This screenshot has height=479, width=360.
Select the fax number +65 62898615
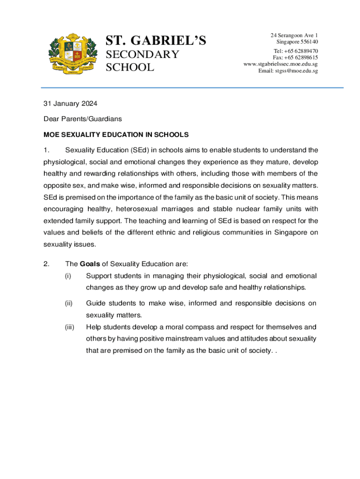(x=302, y=58)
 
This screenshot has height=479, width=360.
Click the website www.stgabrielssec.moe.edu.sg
(x=281, y=64)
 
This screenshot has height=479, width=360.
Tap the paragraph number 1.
(x=46, y=150)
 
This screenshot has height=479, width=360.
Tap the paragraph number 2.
(x=46, y=264)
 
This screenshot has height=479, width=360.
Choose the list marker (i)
(x=68, y=276)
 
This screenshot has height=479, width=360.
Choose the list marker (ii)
(x=69, y=304)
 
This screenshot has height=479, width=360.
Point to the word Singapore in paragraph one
(x=288, y=232)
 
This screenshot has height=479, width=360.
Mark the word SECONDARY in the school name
(x=143, y=55)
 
